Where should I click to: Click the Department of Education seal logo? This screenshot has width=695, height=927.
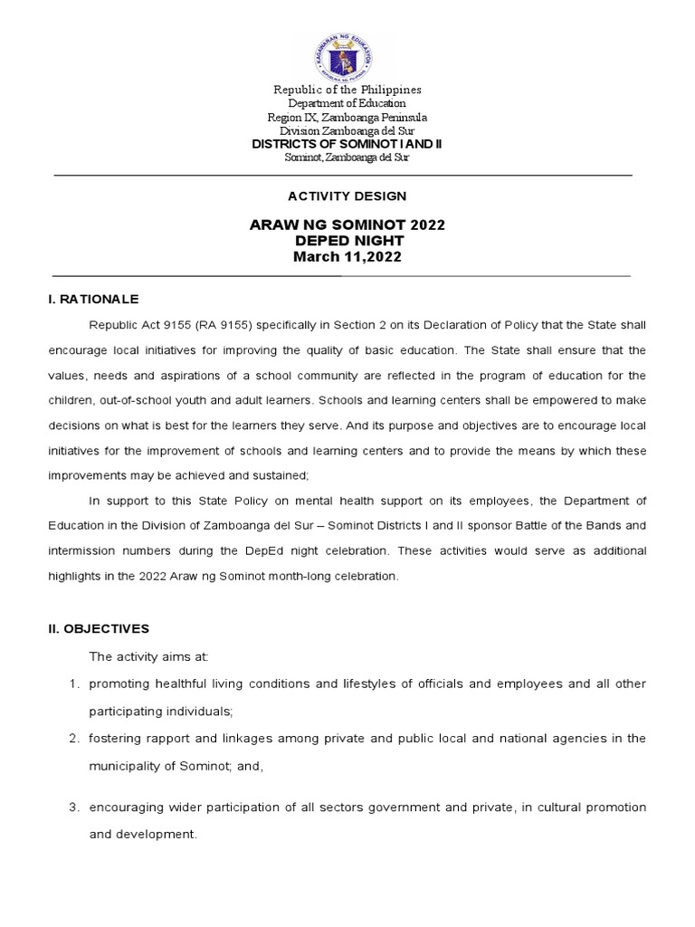pyautogui.click(x=347, y=52)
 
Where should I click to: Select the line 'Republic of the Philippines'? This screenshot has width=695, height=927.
pyautogui.click(x=347, y=91)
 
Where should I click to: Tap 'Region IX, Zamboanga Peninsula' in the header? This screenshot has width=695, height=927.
pyautogui.click(x=347, y=118)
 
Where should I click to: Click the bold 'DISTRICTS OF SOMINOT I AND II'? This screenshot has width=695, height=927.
pyautogui.click(x=347, y=144)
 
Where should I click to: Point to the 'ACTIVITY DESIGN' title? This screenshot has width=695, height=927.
pyautogui.click(x=347, y=196)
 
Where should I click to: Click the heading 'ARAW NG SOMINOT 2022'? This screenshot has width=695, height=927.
pyautogui.click(x=347, y=225)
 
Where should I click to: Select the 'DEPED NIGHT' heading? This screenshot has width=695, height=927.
pyautogui.click(x=347, y=242)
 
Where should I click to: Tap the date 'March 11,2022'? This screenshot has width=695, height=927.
pyautogui.click(x=347, y=258)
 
